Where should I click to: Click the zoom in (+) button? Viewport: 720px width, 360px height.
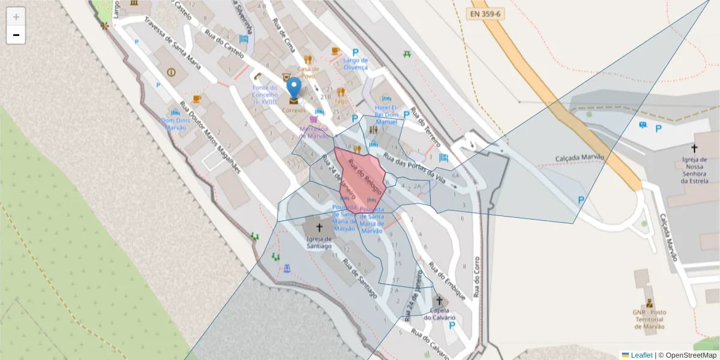(x=16, y=17)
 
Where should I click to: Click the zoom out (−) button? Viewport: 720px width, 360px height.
(x=16, y=35)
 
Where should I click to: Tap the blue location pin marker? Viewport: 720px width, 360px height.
(x=293, y=88)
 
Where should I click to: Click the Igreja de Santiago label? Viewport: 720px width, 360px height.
(x=319, y=241)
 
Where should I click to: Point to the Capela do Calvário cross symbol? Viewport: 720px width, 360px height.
(x=439, y=300)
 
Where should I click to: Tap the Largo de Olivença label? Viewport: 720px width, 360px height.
(x=355, y=64)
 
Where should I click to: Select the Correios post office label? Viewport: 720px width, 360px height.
(x=293, y=110)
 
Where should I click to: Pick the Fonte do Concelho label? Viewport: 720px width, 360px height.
(x=265, y=95)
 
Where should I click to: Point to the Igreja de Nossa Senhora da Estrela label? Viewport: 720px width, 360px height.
(x=695, y=170)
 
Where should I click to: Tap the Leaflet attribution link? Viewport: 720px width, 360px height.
(x=641, y=355)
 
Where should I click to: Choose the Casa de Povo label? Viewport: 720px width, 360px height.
(x=308, y=73)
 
